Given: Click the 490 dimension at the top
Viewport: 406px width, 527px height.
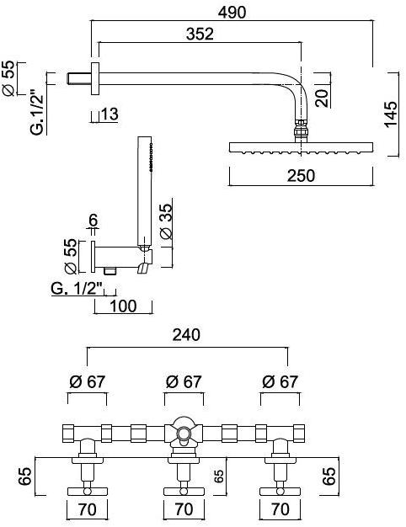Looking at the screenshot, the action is click(232, 13).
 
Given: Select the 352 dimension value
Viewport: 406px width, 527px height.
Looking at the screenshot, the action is click(200, 34).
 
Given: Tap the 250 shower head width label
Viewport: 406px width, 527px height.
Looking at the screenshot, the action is click(301, 175).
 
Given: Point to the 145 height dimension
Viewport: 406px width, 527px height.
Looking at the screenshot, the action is click(391, 114).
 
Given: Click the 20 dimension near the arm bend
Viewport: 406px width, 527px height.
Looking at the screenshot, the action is click(323, 98).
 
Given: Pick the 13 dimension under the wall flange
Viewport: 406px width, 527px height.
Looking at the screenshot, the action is click(110, 114).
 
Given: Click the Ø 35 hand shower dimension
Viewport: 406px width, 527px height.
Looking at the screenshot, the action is click(166, 221).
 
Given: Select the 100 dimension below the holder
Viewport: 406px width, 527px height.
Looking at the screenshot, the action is click(124, 306).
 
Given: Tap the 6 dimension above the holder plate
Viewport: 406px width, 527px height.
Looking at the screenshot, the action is click(93, 221).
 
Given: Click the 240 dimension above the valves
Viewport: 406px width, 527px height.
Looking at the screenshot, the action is click(186, 335).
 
